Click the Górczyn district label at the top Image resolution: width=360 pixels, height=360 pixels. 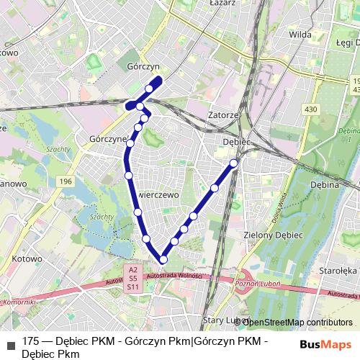(x=140, y=63)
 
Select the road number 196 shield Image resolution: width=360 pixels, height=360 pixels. (x=66, y=181)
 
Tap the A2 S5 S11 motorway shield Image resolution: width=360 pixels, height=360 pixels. (x=132, y=279)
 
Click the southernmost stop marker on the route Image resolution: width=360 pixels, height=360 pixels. (x=163, y=259)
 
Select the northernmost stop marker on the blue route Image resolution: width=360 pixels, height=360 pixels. (x=150, y=89)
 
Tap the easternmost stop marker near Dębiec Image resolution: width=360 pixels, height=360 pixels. (x=234, y=163)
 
